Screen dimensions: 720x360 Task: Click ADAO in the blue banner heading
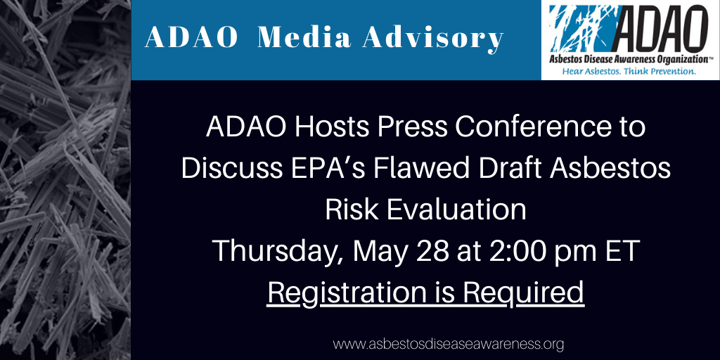191,39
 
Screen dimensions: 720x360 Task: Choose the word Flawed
388,169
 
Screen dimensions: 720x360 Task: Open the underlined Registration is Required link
425,293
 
